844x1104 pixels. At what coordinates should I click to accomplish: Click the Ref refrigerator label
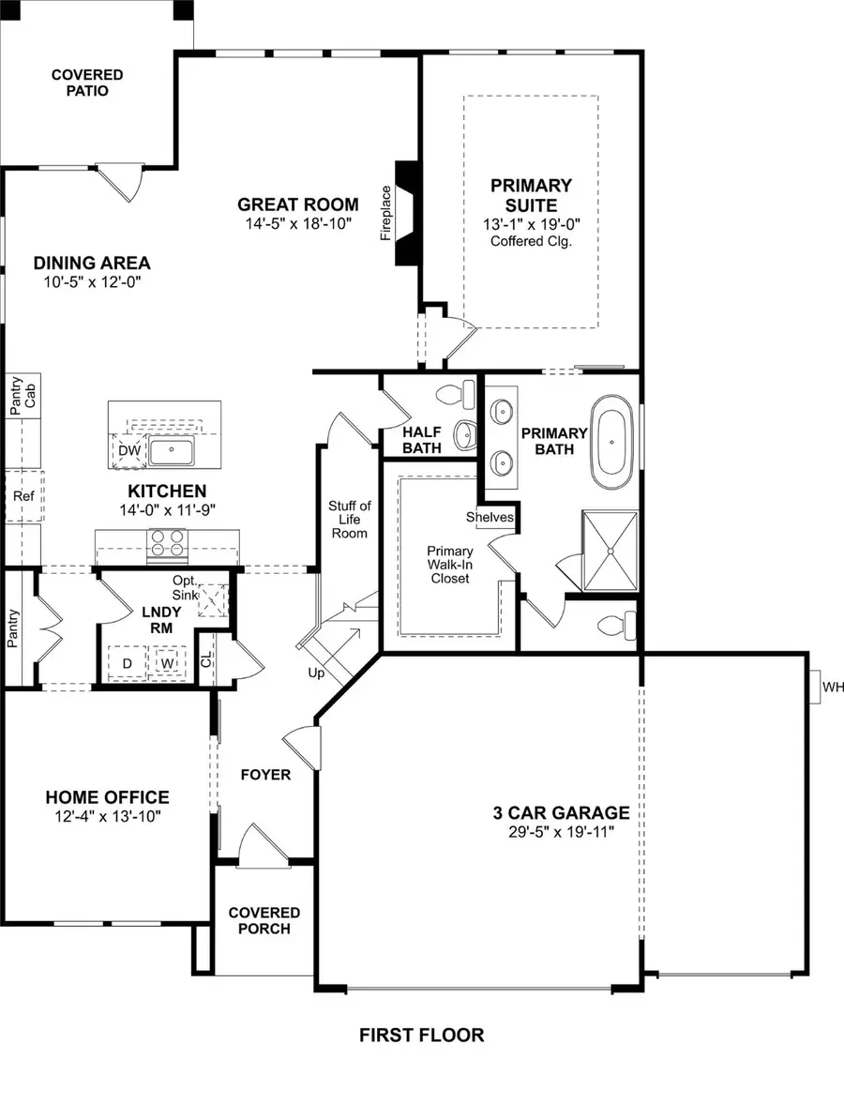click(x=23, y=495)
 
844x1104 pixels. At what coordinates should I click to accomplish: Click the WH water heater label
click(x=833, y=688)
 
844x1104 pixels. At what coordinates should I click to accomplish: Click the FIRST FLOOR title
click(x=422, y=1036)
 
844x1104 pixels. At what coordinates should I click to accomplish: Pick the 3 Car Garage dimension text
click(x=562, y=831)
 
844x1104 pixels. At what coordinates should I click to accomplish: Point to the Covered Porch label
click(x=264, y=920)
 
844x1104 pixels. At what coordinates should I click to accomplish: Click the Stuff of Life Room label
click(x=349, y=520)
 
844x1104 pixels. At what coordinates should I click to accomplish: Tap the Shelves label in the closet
click(x=490, y=517)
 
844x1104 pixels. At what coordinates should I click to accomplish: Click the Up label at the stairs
click(x=316, y=673)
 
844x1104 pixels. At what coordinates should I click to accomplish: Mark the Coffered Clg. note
click(x=531, y=241)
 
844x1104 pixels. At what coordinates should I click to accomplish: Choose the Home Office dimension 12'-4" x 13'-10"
click(x=108, y=816)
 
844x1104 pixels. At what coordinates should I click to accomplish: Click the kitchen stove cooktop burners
click(x=168, y=544)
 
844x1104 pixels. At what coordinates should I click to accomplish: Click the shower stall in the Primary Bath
click(x=610, y=551)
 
